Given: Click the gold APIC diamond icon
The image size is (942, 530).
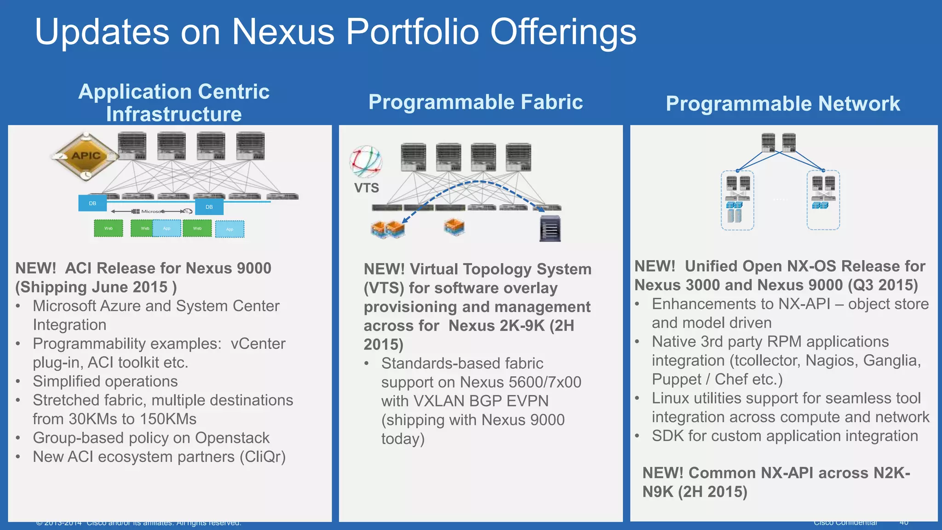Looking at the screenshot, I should click(x=85, y=156).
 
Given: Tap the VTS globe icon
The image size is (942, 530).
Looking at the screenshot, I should click(x=366, y=161).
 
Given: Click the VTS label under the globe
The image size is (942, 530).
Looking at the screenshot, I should click(x=367, y=188).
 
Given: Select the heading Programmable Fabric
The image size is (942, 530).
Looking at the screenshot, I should click(x=476, y=102).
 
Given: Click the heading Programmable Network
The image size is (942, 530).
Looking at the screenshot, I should click(x=783, y=104).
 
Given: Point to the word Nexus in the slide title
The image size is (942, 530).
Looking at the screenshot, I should click(x=283, y=32).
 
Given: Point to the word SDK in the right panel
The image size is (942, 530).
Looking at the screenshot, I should click(x=668, y=436).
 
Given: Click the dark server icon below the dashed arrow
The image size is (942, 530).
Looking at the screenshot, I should click(x=550, y=228).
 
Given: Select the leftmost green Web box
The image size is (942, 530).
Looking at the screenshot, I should click(x=109, y=228).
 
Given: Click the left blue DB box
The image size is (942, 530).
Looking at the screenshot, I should click(x=92, y=203).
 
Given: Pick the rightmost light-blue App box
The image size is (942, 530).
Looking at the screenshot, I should click(x=230, y=229).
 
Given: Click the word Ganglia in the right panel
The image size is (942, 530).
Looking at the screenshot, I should click(x=892, y=361).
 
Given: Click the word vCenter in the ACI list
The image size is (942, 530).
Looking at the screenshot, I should click(x=258, y=344).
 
